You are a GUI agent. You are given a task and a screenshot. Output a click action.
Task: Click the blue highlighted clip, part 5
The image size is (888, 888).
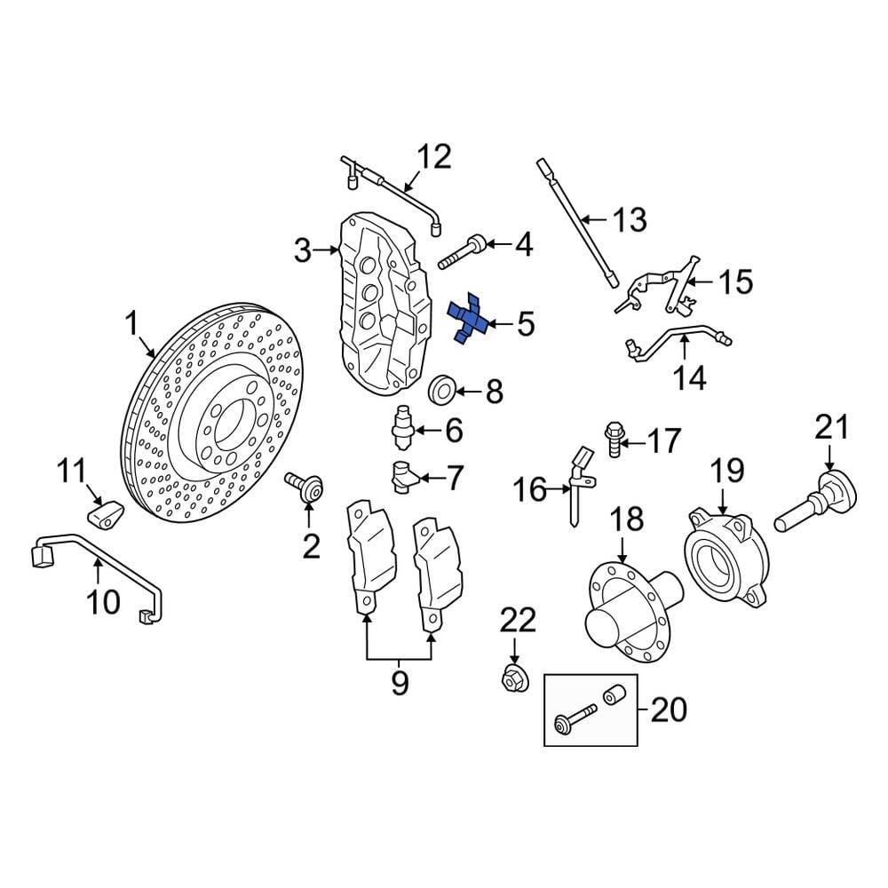point(469,320)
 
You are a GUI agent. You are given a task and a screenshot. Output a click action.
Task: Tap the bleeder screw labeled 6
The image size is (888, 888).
point(404,427)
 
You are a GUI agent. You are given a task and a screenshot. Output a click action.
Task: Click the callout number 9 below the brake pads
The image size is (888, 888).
point(399,683)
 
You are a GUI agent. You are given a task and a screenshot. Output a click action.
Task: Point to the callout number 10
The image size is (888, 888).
point(103,601)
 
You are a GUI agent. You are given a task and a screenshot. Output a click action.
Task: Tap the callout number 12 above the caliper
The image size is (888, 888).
point(434,158)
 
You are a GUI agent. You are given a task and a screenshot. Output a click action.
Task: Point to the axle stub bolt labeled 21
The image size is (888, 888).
point(813,503)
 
